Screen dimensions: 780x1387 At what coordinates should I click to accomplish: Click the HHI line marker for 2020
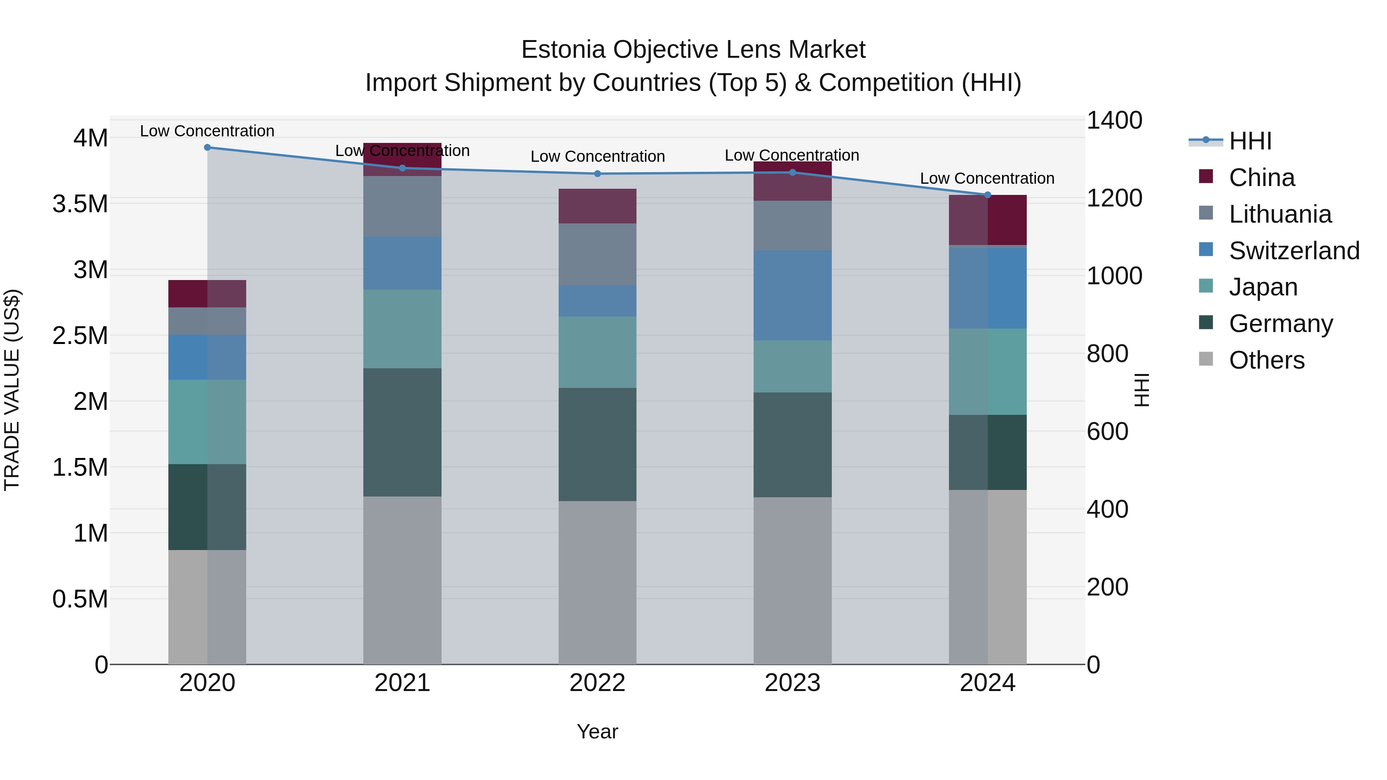[207, 148]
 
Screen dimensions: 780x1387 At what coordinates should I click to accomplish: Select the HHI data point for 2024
[987, 195]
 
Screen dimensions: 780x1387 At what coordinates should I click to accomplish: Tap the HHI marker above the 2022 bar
[597, 174]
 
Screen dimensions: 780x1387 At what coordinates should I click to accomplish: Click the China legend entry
[1261, 178]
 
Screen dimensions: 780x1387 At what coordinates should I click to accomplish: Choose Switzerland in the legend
[1294, 251]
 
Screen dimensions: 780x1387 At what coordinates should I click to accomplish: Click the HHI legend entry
[1250, 141]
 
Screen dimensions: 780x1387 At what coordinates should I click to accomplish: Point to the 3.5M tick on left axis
[80, 205]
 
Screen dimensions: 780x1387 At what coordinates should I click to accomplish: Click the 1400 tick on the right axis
[1113, 121]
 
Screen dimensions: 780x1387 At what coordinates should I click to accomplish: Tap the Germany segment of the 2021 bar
[402, 432]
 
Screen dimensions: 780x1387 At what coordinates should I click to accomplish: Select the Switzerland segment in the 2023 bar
[792, 295]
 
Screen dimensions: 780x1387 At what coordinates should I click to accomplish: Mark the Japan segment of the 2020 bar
[207, 422]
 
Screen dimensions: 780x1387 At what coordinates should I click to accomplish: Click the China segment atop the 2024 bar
[987, 220]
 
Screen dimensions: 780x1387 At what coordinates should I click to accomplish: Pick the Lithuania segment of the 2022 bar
[597, 255]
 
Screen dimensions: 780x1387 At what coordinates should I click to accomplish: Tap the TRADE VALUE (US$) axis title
[12, 390]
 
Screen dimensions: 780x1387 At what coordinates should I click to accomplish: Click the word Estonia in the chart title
[563, 50]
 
